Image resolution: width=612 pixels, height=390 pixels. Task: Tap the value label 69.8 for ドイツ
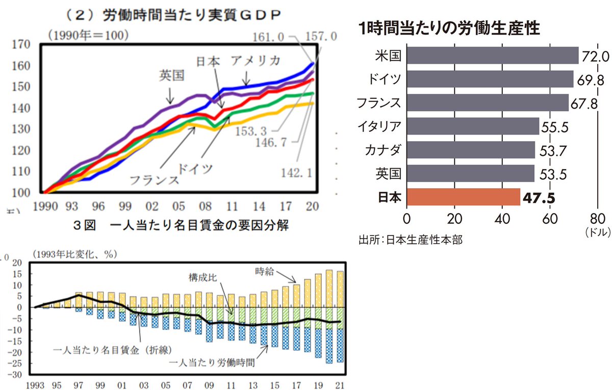click(x=590, y=79)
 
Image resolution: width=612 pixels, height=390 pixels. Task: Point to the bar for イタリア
click(x=472, y=126)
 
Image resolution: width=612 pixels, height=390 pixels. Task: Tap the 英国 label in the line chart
click(x=171, y=75)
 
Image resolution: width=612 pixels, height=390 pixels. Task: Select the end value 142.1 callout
click(x=296, y=173)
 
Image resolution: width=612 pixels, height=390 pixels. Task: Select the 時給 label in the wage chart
click(x=266, y=272)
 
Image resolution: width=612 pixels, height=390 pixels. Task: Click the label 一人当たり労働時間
click(x=211, y=363)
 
